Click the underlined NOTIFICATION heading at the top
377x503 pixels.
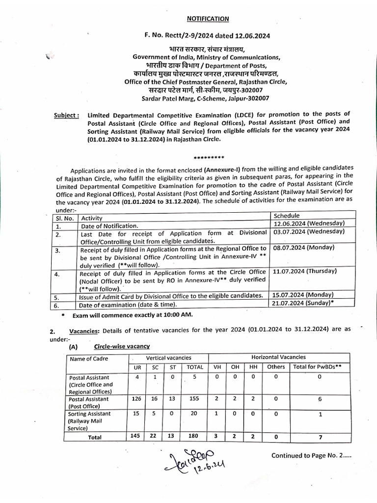208,19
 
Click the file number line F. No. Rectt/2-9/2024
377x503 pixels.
208,36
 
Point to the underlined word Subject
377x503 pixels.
66,115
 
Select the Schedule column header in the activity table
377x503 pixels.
286,216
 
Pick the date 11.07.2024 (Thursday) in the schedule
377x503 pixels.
305,271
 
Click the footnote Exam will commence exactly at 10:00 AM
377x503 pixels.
133,314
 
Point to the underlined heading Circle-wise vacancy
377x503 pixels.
115,346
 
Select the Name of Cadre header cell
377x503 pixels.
89,359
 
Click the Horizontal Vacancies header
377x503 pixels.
278,357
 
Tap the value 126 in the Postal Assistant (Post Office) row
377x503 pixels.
136,399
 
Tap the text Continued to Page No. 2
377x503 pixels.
311,455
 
